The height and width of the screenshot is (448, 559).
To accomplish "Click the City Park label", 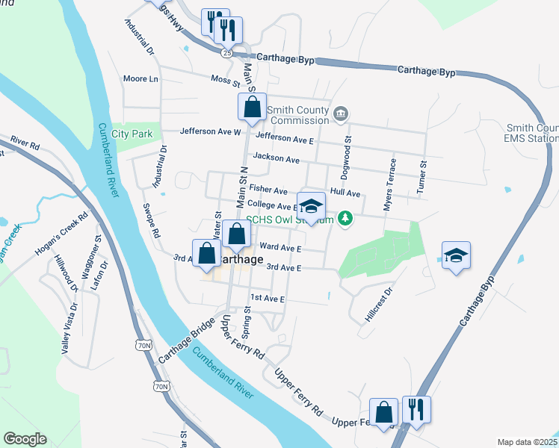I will [x=132, y=134].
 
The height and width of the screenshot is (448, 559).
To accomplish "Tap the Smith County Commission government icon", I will [x=341, y=113].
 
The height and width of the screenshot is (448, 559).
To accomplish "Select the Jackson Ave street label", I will [x=276, y=158].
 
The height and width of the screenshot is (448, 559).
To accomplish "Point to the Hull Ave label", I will [x=345, y=193].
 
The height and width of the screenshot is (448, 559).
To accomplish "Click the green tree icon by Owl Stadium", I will [x=345, y=218].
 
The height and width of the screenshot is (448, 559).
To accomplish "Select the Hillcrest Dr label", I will [x=378, y=305].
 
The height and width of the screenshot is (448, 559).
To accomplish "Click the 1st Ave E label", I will [x=268, y=298].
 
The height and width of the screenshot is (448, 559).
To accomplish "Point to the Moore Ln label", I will [x=140, y=78].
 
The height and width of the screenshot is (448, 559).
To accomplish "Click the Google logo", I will [x=25, y=439].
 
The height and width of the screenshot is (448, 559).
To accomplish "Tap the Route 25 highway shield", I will [x=226, y=52].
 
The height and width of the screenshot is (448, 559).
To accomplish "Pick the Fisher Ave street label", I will [x=268, y=190].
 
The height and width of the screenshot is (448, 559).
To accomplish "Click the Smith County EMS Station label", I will [x=531, y=133].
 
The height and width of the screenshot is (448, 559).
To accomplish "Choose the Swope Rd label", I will [x=151, y=221].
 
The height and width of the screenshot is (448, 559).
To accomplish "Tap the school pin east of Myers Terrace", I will [x=456, y=255].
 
